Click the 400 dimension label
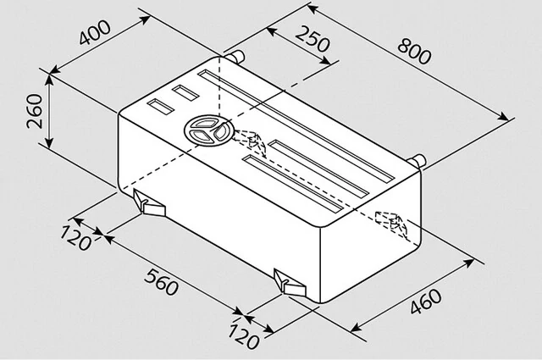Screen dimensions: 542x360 pyautogui.click(x=95, y=33)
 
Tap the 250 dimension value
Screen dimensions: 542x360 pyautogui.click(x=312, y=39)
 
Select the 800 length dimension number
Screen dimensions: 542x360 pyautogui.click(x=414, y=51)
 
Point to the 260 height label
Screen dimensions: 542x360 pyautogui.click(x=35, y=111)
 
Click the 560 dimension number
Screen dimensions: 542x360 pyautogui.click(x=162, y=282)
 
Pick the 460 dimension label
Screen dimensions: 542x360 pyautogui.click(x=426, y=302)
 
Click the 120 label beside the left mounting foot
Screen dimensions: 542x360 pyautogui.click(x=76, y=238)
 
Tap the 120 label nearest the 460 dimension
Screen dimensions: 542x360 pyautogui.click(x=243, y=336)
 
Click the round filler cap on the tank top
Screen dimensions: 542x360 pyautogui.click(x=207, y=130)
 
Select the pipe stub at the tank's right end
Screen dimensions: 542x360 pyautogui.click(x=418, y=161)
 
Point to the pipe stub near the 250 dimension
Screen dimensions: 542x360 pyautogui.click(x=235, y=57)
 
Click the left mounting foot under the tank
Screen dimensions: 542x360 pyautogui.click(x=149, y=203)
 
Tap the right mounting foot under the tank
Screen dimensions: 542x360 pyautogui.click(x=290, y=283)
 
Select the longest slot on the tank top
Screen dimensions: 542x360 pyautogui.click(x=296, y=126)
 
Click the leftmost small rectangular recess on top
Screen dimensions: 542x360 pyautogui.click(x=160, y=107)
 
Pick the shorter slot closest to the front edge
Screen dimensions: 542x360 pyautogui.click(x=293, y=184)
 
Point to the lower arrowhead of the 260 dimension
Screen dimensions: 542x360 pyautogui.click(x=49, y=143)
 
